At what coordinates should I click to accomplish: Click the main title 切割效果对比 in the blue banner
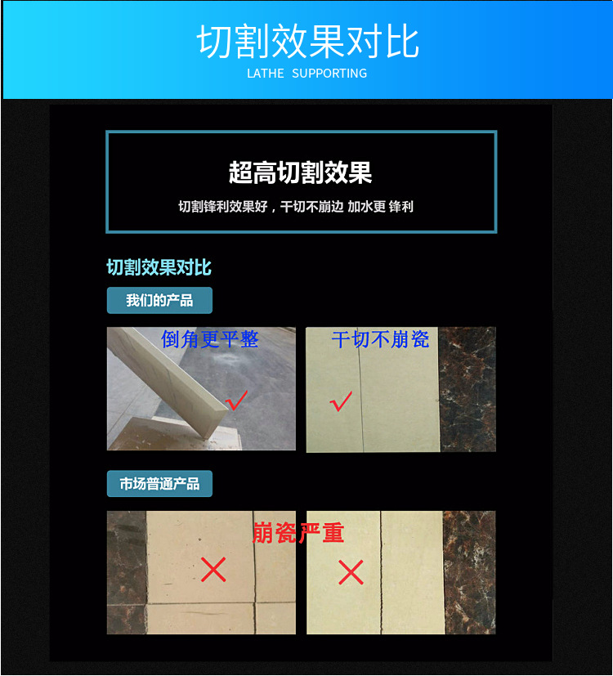307,43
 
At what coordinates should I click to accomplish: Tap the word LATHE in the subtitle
266,74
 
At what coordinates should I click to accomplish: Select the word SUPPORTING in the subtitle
329,74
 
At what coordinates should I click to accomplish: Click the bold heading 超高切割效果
301,172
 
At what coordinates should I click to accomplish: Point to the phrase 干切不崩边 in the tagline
310,207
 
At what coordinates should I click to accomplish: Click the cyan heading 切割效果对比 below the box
159,267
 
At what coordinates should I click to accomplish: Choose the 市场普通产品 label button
159,484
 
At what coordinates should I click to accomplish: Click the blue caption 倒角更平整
209,338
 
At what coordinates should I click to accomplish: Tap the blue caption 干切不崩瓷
380,338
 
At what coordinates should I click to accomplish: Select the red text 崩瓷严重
298,533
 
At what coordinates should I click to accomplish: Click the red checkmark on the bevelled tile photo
237,401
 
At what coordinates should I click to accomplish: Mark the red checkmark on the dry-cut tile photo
340,401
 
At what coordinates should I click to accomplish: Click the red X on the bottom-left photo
213,570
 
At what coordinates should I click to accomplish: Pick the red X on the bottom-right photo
351,572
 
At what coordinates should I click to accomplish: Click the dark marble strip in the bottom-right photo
469,572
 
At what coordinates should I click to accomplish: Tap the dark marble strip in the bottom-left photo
126,572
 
